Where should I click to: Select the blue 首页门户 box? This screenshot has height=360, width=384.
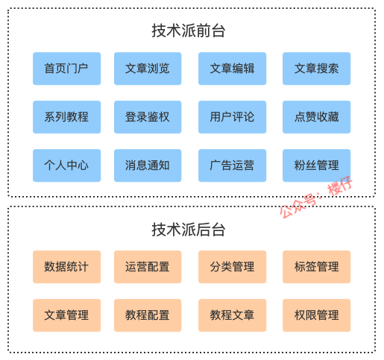tap(66, 69)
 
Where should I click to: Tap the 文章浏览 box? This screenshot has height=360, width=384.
tap(147, 69)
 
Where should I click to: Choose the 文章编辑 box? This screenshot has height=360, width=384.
tap(232, 69)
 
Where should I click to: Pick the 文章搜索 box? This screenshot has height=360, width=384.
tap(316, 69)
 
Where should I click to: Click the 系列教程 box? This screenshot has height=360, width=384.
tap(66, 117)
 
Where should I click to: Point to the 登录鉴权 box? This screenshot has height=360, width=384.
tap(147, 117)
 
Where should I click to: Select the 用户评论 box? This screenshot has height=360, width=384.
tap(232, 117)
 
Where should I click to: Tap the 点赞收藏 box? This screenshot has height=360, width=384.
tap(316, 117)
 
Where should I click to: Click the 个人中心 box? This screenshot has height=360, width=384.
tap(66, 165)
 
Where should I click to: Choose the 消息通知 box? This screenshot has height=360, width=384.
tap(147, 165)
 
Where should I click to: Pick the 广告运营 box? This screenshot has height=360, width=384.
tap(232, 165)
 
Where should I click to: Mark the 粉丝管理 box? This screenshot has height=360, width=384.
tap(316, 165)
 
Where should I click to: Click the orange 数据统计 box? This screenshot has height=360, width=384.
tap(66, 267)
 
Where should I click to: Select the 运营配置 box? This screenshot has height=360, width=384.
tap(147, 267)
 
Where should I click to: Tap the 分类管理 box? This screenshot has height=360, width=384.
tap(232, 267)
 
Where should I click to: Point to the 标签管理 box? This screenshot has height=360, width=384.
tap(316, 267)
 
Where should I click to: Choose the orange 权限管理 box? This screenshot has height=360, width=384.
tap(316, 315)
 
